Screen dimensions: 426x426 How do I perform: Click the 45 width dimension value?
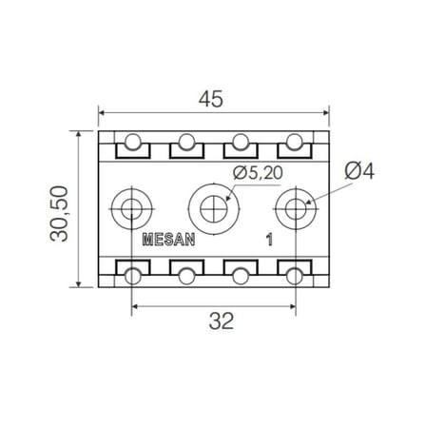click(211, 99)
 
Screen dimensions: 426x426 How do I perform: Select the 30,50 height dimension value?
click(59, 214)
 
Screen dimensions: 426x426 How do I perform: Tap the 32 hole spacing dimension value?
click(222, 321)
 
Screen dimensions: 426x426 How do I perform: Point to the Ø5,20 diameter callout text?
click(258, 173)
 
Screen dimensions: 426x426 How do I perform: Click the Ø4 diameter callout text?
click(359, 171)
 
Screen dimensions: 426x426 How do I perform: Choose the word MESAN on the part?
click(168, 240)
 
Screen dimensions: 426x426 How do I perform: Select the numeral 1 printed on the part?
click(269, 240)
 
